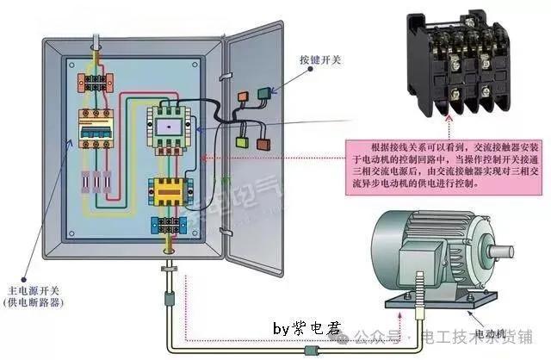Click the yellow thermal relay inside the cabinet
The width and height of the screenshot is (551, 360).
[x=170, y=190]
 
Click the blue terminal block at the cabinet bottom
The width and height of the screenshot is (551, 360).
[x=169, y=226]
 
